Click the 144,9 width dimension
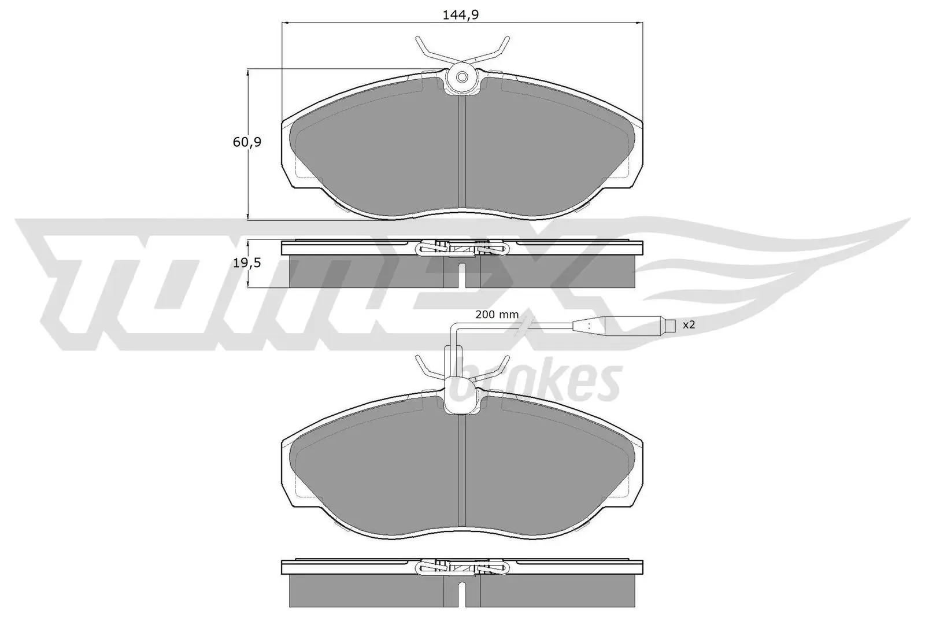point(461,15)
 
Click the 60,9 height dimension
point(247,142)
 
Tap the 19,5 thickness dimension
point(247,263)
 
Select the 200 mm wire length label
point(497,315)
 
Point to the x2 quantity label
point(688,325)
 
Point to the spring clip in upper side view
point(462,248)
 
